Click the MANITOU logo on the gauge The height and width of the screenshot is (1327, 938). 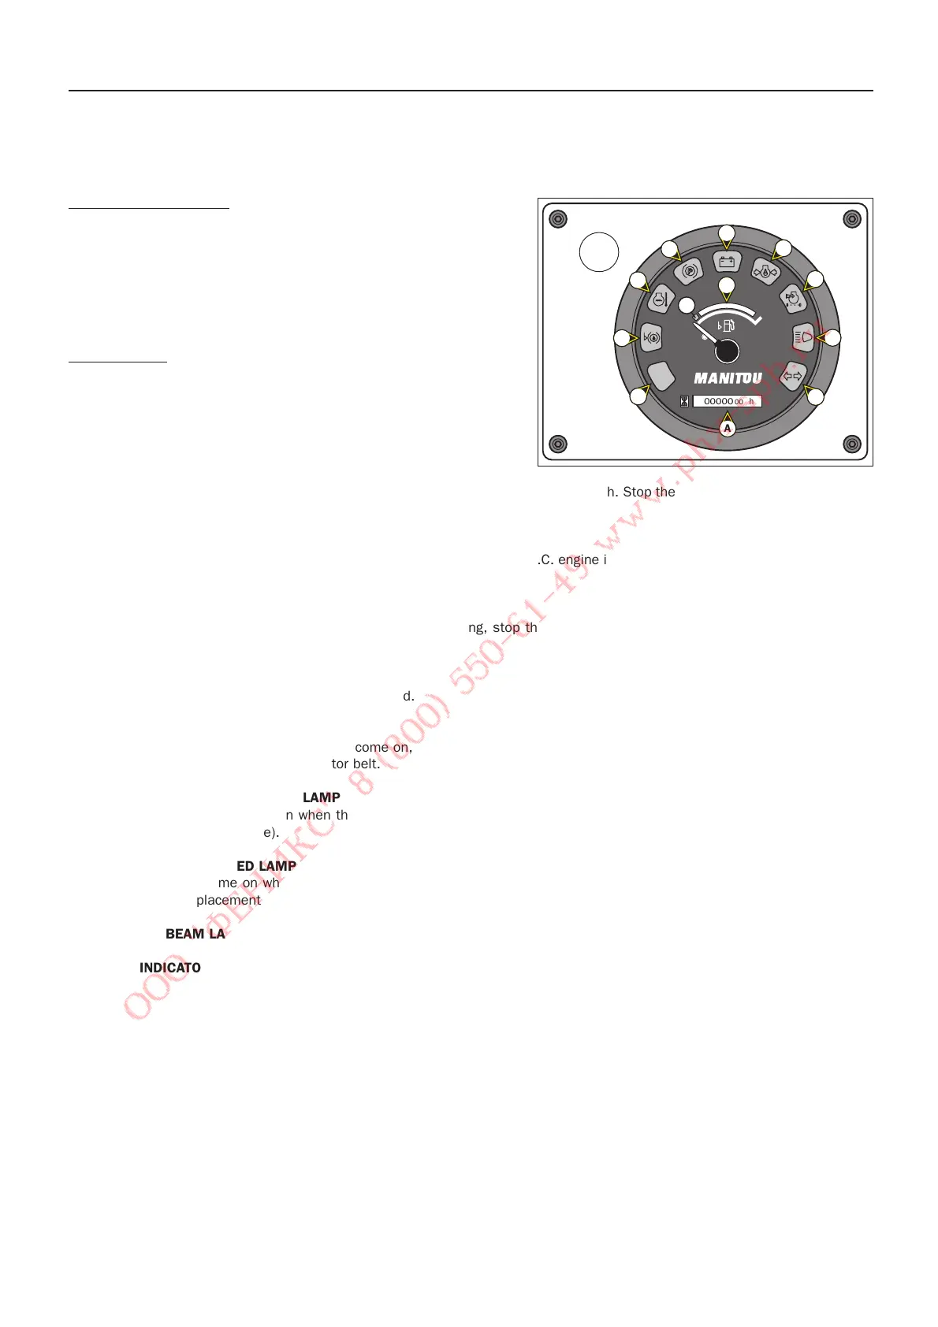[728, 379]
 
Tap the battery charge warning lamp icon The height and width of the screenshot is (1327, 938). [727, 262]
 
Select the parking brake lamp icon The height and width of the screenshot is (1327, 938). [689, 271]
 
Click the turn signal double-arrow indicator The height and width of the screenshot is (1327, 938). [792, 376]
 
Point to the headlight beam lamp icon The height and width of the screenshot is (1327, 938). [802, 337]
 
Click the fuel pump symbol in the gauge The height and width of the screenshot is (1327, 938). [727, 325]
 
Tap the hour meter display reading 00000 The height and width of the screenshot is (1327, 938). [727, 401]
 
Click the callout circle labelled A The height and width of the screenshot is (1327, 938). [728, 429]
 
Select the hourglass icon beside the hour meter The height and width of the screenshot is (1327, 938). [684, 401]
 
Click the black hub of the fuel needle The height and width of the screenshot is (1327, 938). [727, 351]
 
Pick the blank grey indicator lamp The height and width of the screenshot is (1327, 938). [661, 376]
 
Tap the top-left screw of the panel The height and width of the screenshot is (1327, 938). [558, 219]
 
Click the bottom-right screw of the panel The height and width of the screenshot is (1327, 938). [852, 444]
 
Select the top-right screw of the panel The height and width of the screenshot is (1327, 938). [852, 219]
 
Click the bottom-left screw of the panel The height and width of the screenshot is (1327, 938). [558, 444]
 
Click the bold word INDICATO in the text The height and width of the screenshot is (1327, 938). [170, 968]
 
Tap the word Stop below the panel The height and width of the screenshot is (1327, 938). [638, 492]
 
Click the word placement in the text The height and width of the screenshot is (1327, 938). [229, 900]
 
